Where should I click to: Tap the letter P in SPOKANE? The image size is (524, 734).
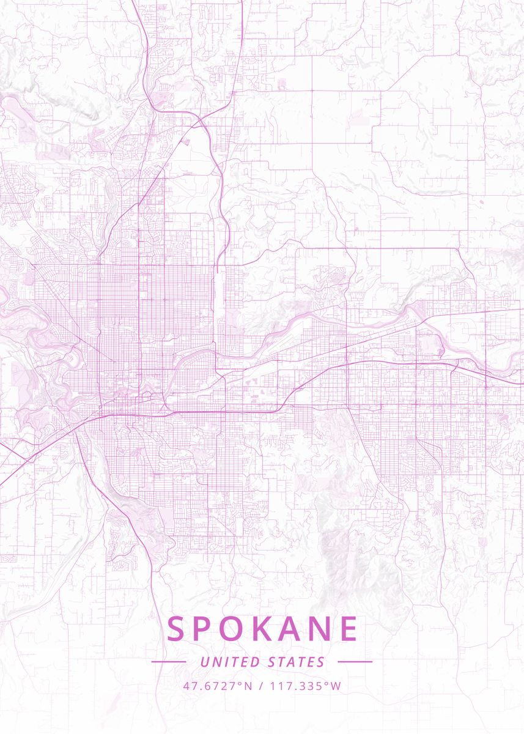(205, 629)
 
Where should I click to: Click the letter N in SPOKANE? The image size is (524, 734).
(321, 629)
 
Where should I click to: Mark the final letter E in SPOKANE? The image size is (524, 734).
(349, 629)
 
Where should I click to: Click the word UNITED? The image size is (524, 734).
(229, 662)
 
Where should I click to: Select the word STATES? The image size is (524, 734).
(297, 662)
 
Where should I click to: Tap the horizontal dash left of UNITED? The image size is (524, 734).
(169, 662)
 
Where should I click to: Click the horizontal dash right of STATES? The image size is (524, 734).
(355, 662)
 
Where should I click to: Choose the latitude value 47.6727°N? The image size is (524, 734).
(217, 686)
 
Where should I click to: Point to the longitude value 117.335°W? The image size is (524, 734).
(306, 686)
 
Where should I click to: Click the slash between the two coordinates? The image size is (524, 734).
(261, 686)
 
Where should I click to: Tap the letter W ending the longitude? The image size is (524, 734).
(336, 686)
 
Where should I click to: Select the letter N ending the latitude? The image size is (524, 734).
(248, 686)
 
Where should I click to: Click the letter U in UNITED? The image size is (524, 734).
(204, 662)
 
